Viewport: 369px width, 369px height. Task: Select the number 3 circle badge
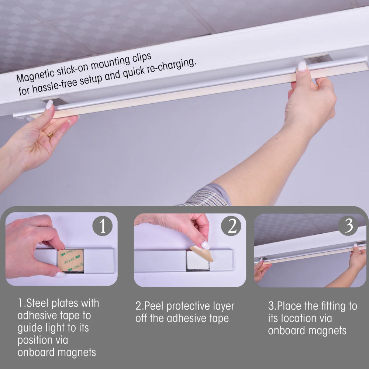(348, 225)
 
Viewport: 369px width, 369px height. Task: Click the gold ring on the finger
(51, 135)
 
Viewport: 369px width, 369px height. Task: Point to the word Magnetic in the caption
(36, 76)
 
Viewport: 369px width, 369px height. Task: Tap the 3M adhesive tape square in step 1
(70, 261)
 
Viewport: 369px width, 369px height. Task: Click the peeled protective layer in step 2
(201, 254)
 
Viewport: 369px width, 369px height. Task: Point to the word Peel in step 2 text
(154, 306)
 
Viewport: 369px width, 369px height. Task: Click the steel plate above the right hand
(318, 59)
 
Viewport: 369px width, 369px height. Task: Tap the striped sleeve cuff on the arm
(207, 197)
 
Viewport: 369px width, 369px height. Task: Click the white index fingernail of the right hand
(302, 66)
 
